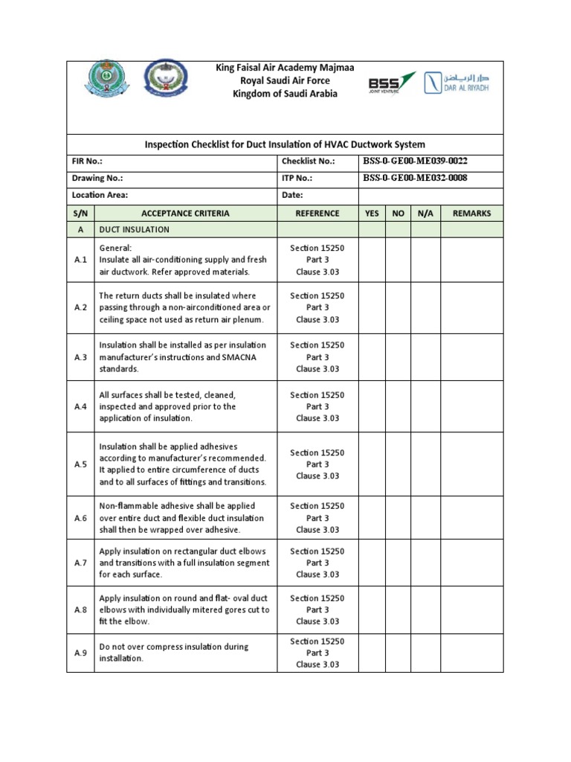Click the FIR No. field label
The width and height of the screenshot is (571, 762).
point(87,161)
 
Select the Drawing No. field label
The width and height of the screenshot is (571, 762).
point(97,179)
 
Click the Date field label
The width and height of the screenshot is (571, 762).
point(291,196)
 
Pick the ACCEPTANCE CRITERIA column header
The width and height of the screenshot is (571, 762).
point(184,214)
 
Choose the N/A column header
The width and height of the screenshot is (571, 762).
point(425,214)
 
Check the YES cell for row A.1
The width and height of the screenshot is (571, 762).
point(372,260)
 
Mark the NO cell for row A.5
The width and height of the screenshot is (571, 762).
point(398,464)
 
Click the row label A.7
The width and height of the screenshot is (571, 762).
point(80,563)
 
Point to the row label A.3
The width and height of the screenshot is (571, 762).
point(80,357)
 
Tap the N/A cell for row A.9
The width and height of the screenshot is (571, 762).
point(425,653)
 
